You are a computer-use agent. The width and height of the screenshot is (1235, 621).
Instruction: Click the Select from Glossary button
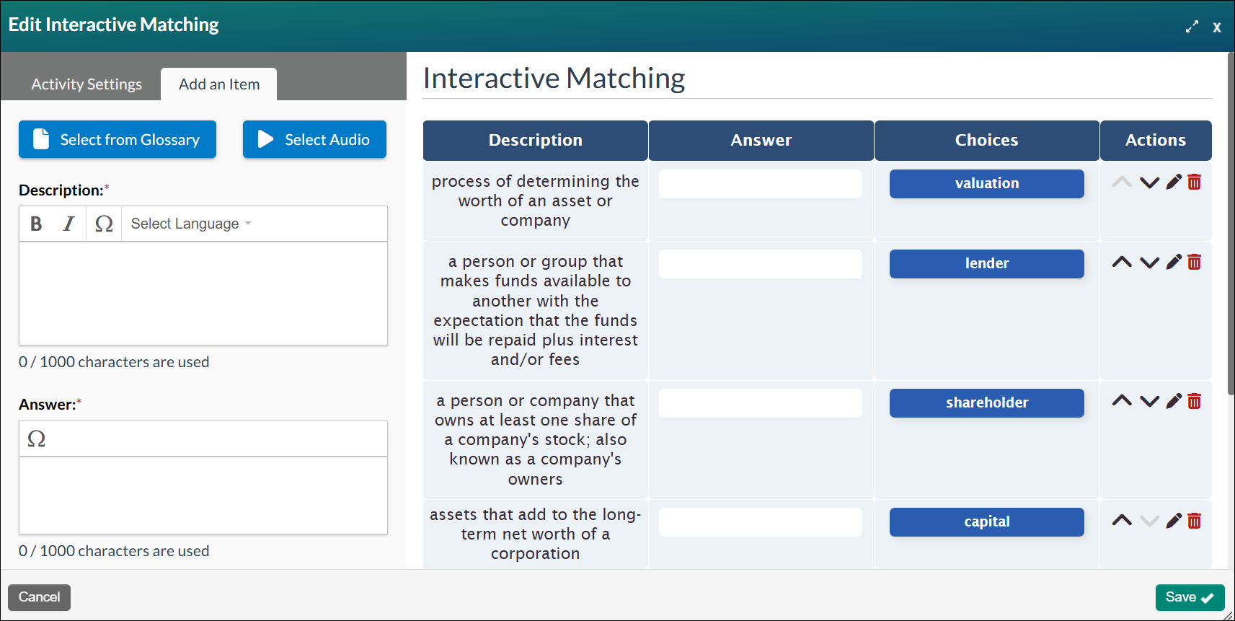pyautogui.click(x=118, y=139)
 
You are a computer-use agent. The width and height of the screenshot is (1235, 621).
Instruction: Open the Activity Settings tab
pyautogui.click(x=87, y=84)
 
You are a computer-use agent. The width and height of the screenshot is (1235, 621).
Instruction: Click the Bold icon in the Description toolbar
pyautogui.click(x=36, y=224)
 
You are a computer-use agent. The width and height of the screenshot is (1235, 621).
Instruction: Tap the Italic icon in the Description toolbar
pyautogui.click(x=68, y=224)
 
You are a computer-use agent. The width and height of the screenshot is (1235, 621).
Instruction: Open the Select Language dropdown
pyautogui.click(x=190, y=224)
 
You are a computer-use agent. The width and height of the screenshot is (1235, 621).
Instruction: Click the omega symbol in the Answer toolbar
pyautogui.click(x=36, y=439)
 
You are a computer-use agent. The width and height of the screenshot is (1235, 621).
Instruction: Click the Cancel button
pyautogui.click(x=39, y=597)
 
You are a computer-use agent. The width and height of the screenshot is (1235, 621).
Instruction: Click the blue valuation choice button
pyautogui.click(x=986, y=183)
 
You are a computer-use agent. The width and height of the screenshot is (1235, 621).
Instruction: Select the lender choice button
pyautogui.click(x=986, y=263)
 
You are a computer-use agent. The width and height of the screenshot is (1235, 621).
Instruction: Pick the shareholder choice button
pyautogui.click(x=986, y=402)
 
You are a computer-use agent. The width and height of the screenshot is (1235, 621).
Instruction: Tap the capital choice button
pyautogui.click(x=986, y=521)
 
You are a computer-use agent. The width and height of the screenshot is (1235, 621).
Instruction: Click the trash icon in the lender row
pyautogui.click(x=1194, y=262)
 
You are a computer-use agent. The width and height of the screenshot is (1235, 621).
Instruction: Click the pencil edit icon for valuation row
pyautogui.click(x=1174, y=182)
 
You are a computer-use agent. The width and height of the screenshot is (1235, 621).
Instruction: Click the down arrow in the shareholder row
pyautogui.click(x=1149, y=402)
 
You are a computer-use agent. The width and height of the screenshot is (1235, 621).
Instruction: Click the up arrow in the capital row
pyautogui.click(x=1122, y=520)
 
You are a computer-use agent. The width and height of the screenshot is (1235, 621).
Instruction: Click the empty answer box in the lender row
pyautogui.click(x=760, y=264)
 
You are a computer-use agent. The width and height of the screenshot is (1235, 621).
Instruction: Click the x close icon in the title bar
pyautogui.click(x=1216, y=27)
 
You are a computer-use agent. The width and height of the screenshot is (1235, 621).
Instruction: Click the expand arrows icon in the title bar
pyautogui.click(x=1192, y=27)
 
